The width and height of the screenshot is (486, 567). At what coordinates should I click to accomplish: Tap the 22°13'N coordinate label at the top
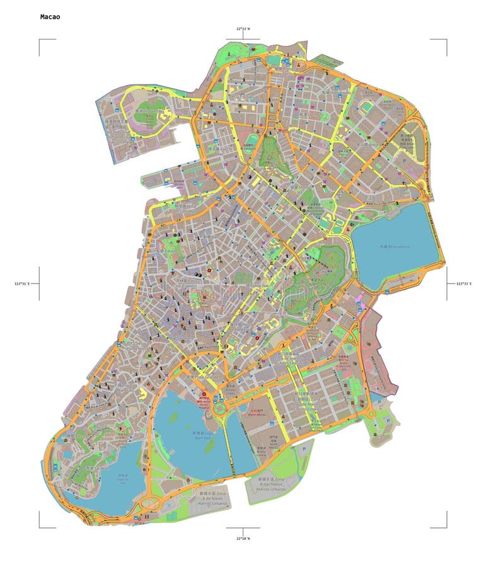coord(243,28)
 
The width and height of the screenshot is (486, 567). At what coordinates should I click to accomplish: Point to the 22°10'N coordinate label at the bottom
coord(243,538)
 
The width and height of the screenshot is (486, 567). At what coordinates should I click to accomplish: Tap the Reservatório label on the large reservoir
coord(395,246)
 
